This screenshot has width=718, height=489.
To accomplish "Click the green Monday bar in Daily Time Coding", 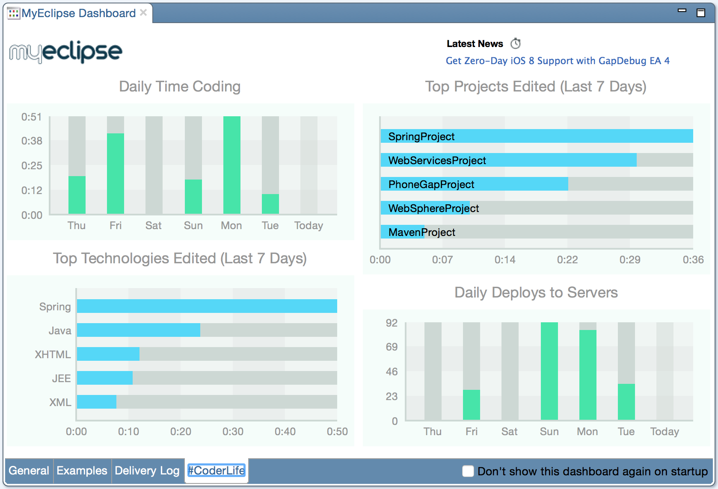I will (231, 165).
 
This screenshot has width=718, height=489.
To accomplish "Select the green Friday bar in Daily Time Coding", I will (116, 174).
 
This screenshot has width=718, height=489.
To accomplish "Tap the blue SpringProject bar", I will (537, 136).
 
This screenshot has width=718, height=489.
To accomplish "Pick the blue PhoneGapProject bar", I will (474, 184).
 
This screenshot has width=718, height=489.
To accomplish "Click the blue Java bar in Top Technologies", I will (138, 330).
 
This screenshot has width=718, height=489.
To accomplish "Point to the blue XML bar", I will (97, 402).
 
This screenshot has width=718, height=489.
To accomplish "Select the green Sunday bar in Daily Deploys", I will (549, 371).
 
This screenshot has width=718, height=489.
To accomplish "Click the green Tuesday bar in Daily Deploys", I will (626, 402).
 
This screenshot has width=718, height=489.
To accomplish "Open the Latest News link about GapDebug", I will (557, 61).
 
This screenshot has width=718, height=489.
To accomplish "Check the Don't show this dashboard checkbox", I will (468, 471).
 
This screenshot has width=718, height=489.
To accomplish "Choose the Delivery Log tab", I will (147, 471).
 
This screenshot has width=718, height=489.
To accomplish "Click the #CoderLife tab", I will (217, 471).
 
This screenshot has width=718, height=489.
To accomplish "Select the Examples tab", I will (82, 471).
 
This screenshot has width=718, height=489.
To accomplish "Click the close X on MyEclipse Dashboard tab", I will (143, 13).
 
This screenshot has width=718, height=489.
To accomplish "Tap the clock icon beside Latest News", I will (516, 43).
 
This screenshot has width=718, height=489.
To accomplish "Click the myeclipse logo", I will (65, 52).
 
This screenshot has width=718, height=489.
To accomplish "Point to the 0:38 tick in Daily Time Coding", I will (32, 141).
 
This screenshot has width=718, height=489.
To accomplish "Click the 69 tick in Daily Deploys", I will (392, 347).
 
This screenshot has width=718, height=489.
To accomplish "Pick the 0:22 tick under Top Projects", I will (567, 259).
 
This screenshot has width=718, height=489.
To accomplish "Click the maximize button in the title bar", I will (700, 13).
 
